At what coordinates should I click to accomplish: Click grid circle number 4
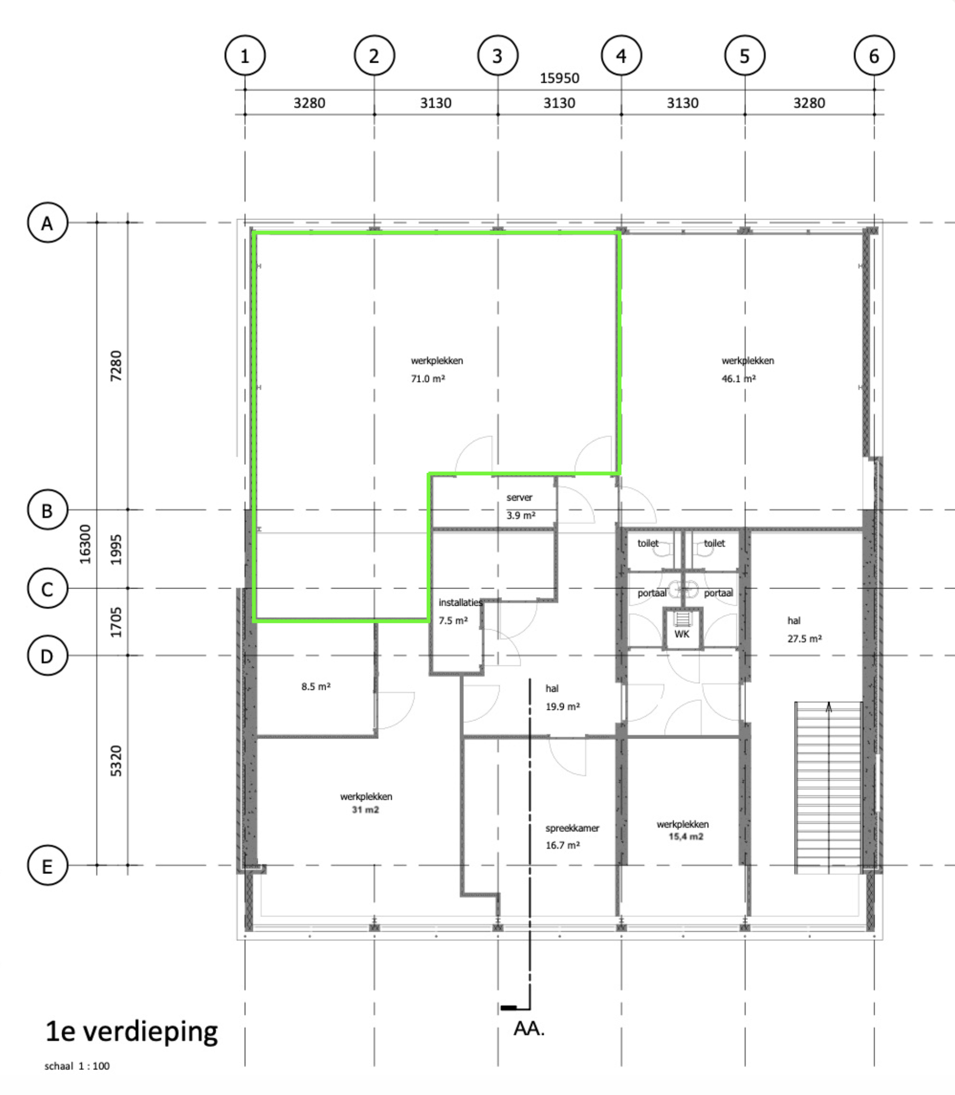621,55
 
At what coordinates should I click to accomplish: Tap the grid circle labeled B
48,510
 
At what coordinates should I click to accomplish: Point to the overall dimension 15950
559,78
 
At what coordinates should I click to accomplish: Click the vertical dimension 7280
116,366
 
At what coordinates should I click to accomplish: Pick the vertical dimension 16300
85,544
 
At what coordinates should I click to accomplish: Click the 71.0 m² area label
428,379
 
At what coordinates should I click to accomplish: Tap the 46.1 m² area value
739,379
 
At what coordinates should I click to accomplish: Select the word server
519,497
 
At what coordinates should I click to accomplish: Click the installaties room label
460,602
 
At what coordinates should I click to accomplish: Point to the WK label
682,634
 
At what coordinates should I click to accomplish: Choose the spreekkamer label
572,828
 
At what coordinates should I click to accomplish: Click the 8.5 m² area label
316,686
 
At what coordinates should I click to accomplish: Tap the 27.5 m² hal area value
805,639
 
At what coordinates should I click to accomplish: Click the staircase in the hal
828,788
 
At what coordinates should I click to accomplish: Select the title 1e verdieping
131,1032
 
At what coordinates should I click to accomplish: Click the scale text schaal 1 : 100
77,1066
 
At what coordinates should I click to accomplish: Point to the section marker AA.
529,1028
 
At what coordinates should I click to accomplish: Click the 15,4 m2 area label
686,837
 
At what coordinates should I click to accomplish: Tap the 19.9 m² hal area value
563,707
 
